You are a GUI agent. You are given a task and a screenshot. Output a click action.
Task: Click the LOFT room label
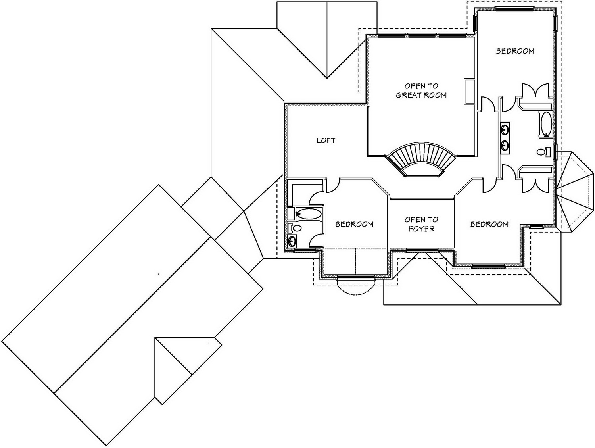coord(326,140)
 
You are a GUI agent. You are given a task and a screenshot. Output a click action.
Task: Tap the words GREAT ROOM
coord(421,95)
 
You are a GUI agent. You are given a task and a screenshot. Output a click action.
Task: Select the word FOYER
coord(422,229)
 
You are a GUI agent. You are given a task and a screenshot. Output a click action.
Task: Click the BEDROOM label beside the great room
coord(515,51)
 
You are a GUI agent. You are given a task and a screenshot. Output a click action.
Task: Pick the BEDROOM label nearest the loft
coord(354,224)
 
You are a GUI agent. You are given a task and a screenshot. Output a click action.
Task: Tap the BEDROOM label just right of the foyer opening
coord(489,224)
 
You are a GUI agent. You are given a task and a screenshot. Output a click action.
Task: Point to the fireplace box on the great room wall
coord(470,91)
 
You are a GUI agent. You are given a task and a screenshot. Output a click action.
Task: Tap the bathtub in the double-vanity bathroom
coord(546,124)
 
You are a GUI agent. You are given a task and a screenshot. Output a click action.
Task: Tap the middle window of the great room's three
coord(422,35)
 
